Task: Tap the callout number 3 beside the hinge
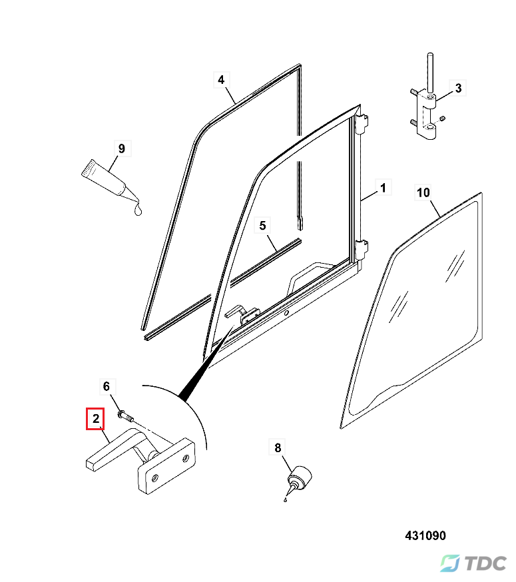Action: pos(458,87)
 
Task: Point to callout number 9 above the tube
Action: pos(121,148)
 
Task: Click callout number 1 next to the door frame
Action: pos(383,188)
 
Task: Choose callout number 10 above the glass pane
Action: pos(423,193)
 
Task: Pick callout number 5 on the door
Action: pos(263,226)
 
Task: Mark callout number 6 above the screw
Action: pos(105,386)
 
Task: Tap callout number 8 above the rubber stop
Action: pos(278,447)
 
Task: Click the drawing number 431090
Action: pos(425,535)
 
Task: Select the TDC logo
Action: pos(474,563)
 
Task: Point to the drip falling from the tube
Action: pos(138,210)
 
